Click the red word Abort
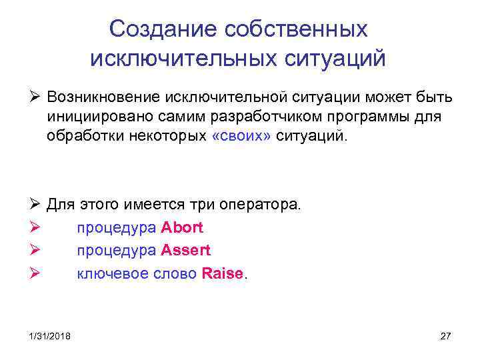coord(182,227)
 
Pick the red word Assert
coord(185,251)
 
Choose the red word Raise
coord(222,274)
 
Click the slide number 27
coord(446,336)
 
